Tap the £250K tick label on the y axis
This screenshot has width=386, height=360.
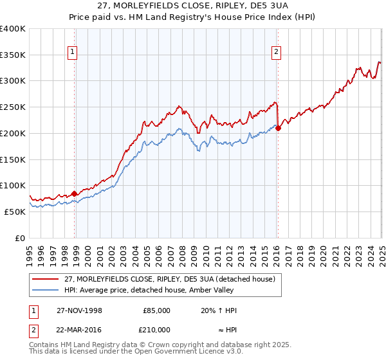pyautogui.click(x=13, y=107)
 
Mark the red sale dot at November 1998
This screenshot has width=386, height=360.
pyautogui.click(x=75, y=193)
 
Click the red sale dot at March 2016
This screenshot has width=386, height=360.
pyautogui.click(x=279, y=128)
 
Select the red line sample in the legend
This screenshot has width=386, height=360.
pyautogui.click(x=45, y=279)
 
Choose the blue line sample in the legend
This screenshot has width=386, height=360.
pyautogui.click(x=45, y=291)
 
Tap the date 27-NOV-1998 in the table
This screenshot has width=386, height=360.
pyautogui.click(x=78, y=310)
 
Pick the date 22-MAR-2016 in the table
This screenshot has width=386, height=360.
pyautogui.click(x=78, y=329)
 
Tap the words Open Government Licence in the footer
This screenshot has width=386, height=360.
pyautogui.click(x=173, y=353)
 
